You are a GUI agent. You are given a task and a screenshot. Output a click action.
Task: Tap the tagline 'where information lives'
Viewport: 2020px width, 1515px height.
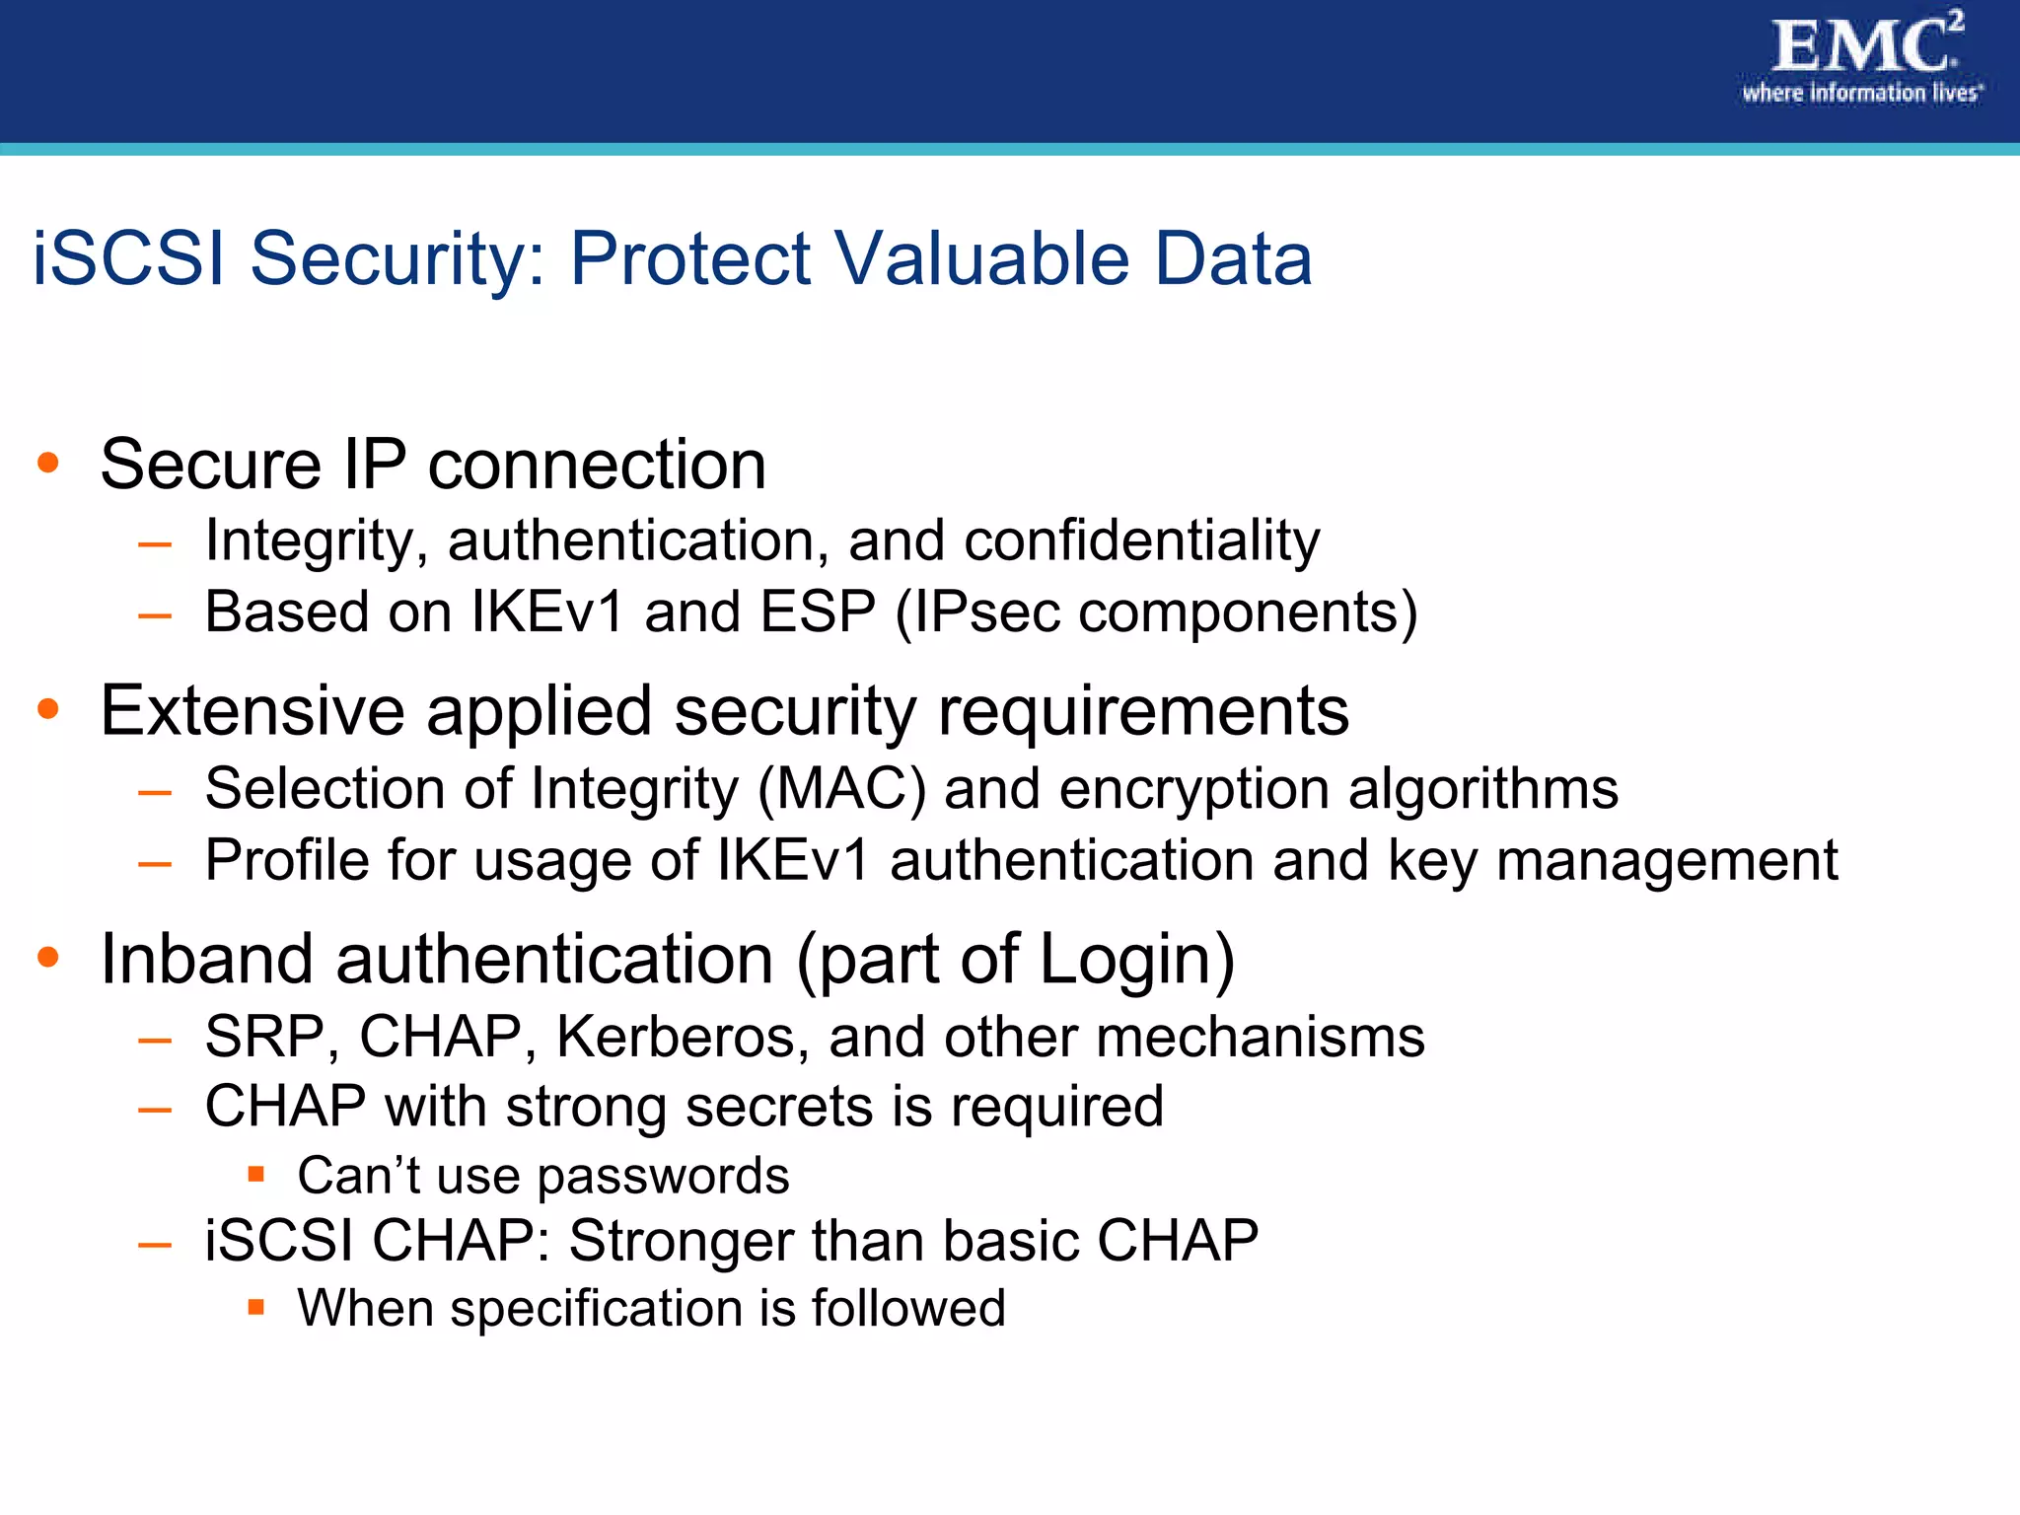click(1860, 94)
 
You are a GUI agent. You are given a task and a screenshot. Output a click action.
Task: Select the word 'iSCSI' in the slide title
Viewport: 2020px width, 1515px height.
click(129, 259)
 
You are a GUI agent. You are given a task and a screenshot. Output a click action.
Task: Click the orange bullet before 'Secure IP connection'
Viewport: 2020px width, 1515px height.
click(47, 462)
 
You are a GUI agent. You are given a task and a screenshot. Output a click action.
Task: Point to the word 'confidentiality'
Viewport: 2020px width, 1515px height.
click(1141, 541)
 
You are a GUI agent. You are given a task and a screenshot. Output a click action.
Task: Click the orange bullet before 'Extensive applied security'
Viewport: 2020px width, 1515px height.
click(47, 708)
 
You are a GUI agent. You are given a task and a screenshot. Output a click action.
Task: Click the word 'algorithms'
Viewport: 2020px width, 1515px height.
click(1482, 790)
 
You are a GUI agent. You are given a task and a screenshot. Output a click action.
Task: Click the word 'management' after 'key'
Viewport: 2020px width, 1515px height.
click(1666, 861)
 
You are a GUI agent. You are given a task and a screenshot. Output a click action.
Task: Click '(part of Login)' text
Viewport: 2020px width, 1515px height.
click(1015, 960)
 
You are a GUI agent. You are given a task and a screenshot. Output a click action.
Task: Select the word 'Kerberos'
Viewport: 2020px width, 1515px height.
click(682, 1038)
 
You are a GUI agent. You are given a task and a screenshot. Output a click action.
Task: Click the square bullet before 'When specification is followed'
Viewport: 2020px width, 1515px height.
click(256, 1307)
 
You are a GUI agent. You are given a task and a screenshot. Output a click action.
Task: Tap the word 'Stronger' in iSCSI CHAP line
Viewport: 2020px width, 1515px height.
click(680, 1241)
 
